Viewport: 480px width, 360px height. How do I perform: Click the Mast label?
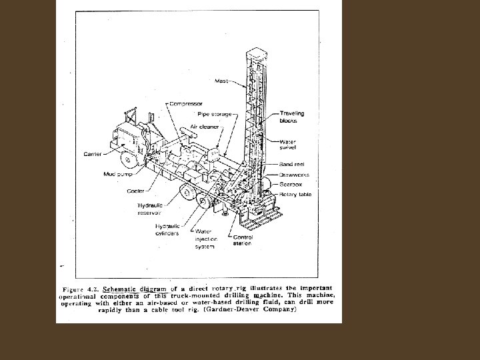(x=221, y=81)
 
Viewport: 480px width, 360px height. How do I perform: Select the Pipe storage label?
(x=215, y=114)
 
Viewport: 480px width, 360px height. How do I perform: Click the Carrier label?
(x=92, y=153)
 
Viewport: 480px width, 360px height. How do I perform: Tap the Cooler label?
(x=136, y=191)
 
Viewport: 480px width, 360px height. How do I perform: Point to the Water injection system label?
(x=205, y=240)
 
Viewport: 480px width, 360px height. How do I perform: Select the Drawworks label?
(x=295, y=175)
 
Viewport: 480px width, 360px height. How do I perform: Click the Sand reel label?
(x=292, y=163)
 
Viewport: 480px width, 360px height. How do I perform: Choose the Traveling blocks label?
(x=292, y=117)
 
